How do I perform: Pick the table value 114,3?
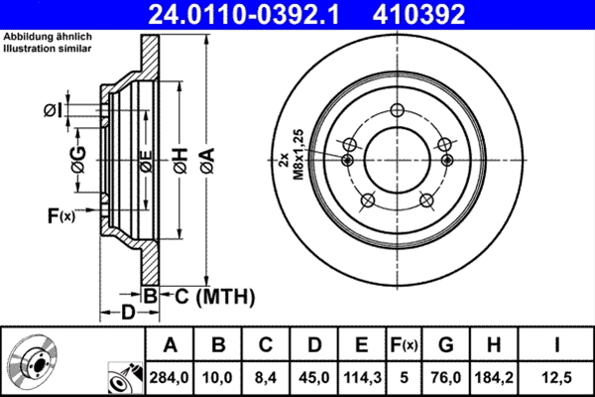pos(362,377)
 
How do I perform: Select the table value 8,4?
pos(267,377)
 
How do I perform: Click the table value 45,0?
pos(314,377)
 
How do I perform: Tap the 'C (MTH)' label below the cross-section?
pos(208,296)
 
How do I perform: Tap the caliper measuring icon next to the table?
pos(123,375)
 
